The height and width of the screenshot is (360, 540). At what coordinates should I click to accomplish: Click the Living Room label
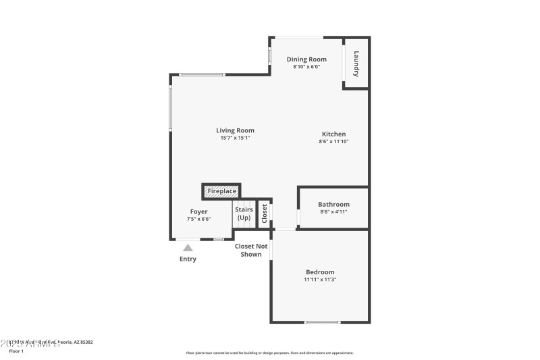pyautogui.click(x=235, y=130)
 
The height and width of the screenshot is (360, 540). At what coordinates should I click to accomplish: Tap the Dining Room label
pyautogui.click(x=306, y=59)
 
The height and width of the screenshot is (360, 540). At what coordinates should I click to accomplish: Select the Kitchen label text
pyautogui.click(x=333, y=134)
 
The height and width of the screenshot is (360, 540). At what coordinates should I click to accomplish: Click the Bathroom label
pyautogui.click(x=333, y=204)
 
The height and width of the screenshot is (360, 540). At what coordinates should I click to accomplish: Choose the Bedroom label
pyautogui.click(x=320, y=272)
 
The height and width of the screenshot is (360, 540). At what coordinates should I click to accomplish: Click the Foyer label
pyautogui.click(x=198, y=211)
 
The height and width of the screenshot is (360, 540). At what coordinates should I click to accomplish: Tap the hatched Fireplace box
pyautogui.click(x=221, y=191)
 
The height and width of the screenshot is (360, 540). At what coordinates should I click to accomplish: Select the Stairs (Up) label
pyautogui.click(x=244, y=213)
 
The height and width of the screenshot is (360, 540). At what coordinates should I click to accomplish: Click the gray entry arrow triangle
pyautogui.click(x=188, y=248)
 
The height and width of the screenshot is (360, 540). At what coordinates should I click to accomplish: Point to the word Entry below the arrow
pyautogui.click(x=188, y=259)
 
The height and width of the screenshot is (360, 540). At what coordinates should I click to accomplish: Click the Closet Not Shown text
pyautogui.click(x=251, y=250)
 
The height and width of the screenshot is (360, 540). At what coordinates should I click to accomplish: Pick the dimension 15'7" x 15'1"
pyautogui.click(x=235, y=138)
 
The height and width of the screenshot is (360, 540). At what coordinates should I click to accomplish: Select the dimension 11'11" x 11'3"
pyautogui.click(x=320, y=279)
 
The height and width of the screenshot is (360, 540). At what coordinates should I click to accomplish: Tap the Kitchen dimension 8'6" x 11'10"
pyautogui.click(x=333, y=141)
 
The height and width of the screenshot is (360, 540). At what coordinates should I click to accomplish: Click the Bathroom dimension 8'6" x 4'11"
pyautogui.click(x=333, y=211)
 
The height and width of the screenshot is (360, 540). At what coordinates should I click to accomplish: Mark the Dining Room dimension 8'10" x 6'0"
pyautogui.click(x=306, y=67)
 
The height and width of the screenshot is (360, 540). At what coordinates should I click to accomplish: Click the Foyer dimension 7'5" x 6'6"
pyautogui.click(x=198, y=219)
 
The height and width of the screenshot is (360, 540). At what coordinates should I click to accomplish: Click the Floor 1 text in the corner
pyautogui.click(x=16, y=351)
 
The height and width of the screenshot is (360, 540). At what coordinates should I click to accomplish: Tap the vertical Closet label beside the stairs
pyautogui.click(x=265, y=213)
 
